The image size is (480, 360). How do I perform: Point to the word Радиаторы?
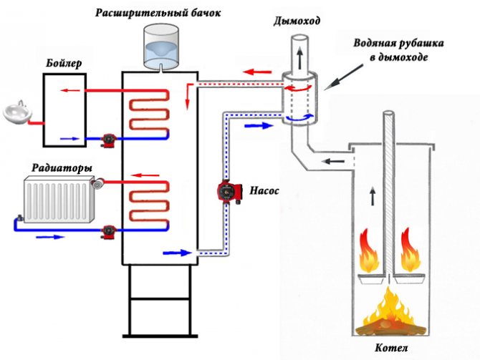point(62,168)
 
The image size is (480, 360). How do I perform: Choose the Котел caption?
point(391,348)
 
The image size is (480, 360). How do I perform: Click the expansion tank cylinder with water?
point(162,47)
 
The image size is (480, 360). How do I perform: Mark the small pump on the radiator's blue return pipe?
point(109,231)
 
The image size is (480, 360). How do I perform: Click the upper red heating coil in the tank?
point(149,111)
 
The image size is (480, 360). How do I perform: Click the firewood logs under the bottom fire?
point(391,329)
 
